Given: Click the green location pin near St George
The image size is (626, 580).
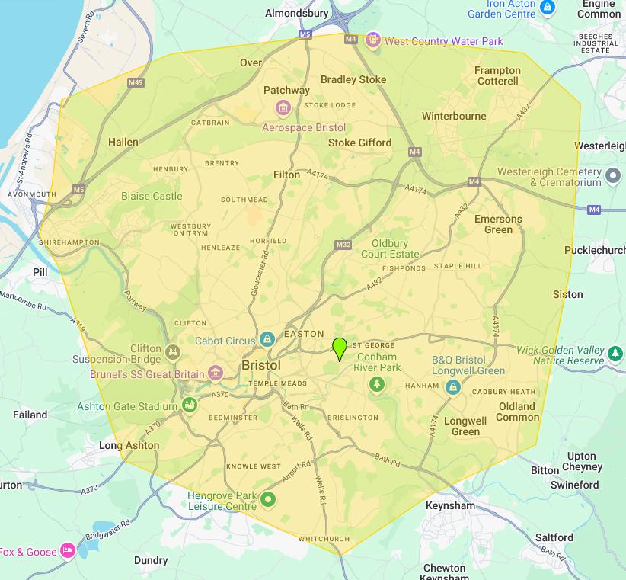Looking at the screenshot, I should pyautogui.click(x=340, y=348).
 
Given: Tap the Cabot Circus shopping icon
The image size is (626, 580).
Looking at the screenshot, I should pyautogui.click(x=267, y=339).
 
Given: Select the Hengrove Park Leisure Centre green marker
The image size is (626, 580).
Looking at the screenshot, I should pyautogui.click(x=267, y=500).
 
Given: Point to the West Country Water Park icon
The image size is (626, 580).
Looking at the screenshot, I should pyautogui.click(x=372, y=40).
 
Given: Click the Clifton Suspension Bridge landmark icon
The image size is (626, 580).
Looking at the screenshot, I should pyautogui.click(x=174, y=353).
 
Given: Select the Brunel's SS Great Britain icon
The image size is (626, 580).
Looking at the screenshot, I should pyautogui.click(x=216, y=373).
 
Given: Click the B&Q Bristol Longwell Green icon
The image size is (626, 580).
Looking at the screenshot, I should pyautogui.click(x=453, y=387).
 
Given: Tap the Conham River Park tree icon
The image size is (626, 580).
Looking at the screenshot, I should pyautogui.click(x=375, y=385).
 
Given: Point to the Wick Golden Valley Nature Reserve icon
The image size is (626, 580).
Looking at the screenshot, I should pyautogui.click(x=615, y=353).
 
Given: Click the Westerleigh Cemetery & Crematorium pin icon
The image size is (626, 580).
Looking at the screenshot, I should pyautogui.click(x=614, y=178).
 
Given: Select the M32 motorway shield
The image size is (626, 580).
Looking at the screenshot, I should pyautogui.click(x=343, y=245).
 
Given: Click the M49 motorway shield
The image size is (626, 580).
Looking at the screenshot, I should pyautogui.click(x=136, y=82).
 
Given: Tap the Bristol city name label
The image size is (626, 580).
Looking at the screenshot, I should pyautogui.click(x=261, y=366).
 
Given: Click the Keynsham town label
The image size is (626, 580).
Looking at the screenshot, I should pyautogui.click(x=450, y=505).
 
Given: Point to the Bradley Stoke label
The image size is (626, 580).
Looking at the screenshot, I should pyautogui.click(x=353, y=79).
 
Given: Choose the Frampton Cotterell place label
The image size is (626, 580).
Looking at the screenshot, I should pyautogui.click(x=497, y=75).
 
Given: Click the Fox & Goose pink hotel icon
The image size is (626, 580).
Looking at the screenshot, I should pyautogui.click(x=68, y=550).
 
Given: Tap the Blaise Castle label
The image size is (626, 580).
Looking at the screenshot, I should pyautogui.click(x=152, y=196).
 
